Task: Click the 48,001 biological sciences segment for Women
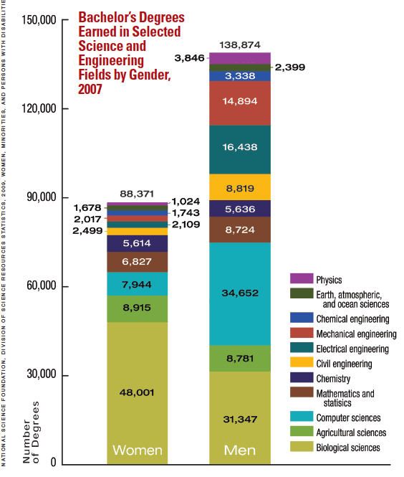[137, 392]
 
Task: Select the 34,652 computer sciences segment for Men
[239, 293]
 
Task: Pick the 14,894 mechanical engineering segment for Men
[239, 101]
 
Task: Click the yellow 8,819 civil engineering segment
[239, 187]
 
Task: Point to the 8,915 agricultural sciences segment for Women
[137, 308]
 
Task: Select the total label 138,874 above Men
[239, 44]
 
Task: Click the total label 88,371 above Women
[137, 194]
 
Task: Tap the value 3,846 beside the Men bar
[190, 57]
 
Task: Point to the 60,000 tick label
[39, 287]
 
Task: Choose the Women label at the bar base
[137, 451]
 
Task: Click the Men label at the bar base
[239, 451]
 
